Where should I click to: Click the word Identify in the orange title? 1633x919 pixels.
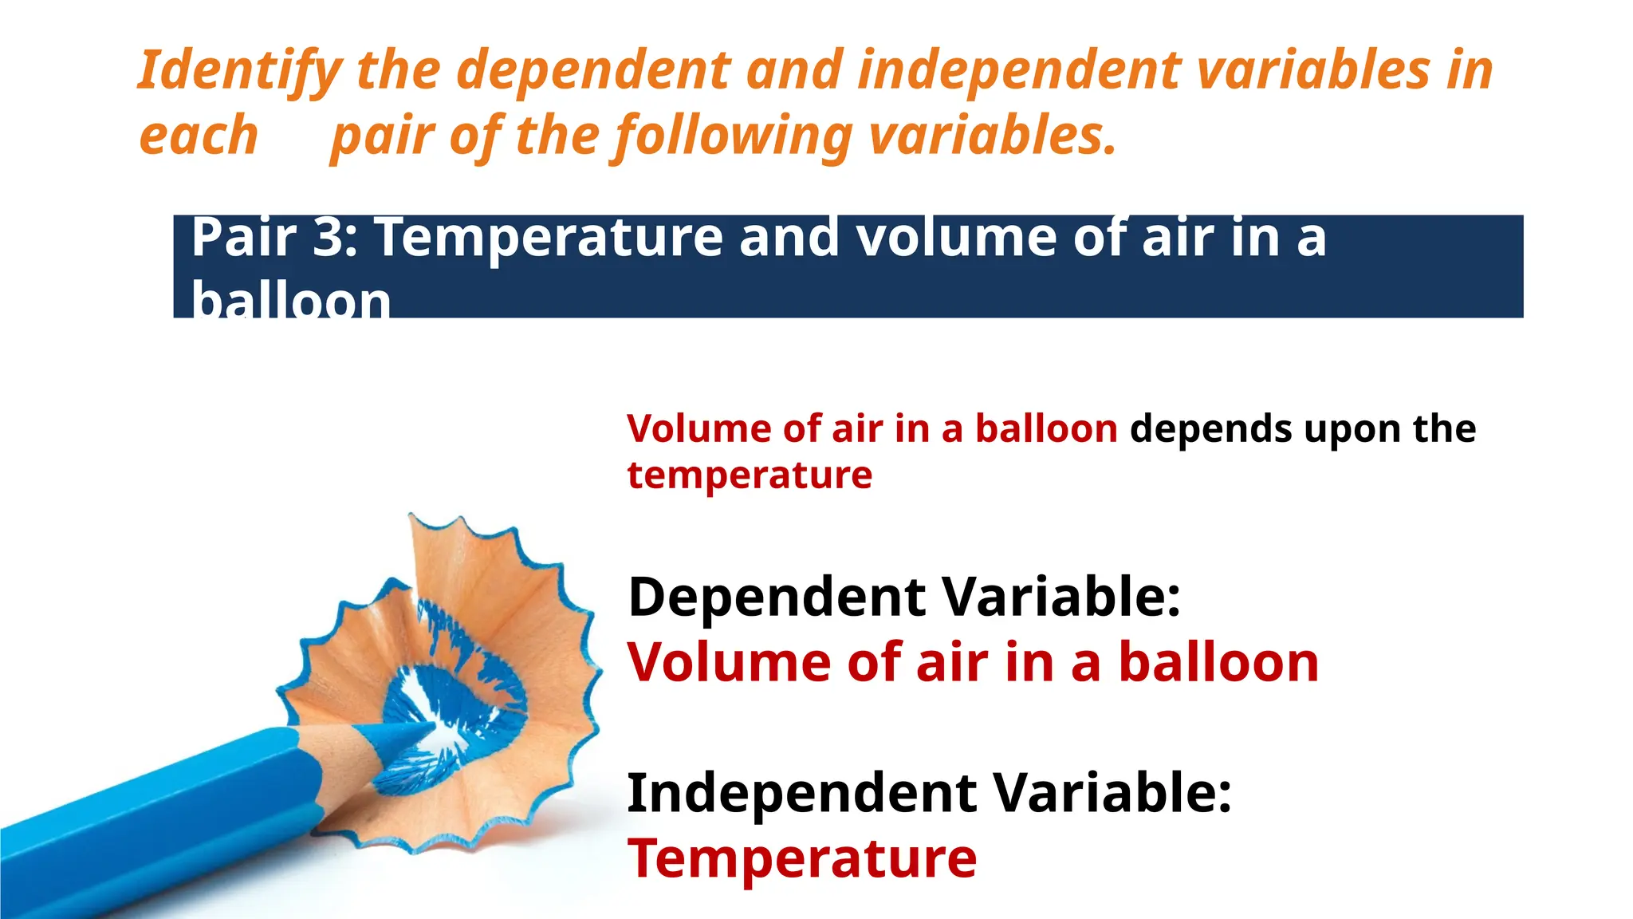coord(240,70)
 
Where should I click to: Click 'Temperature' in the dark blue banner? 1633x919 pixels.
coord(549,237)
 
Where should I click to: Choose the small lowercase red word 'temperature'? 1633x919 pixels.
coord(750,475)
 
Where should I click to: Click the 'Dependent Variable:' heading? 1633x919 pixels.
coord(903,597)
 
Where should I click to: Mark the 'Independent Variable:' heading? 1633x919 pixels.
coord(929,793)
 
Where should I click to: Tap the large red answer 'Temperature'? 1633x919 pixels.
coord(802,858)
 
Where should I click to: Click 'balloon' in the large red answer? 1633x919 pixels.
coord(1218,662)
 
